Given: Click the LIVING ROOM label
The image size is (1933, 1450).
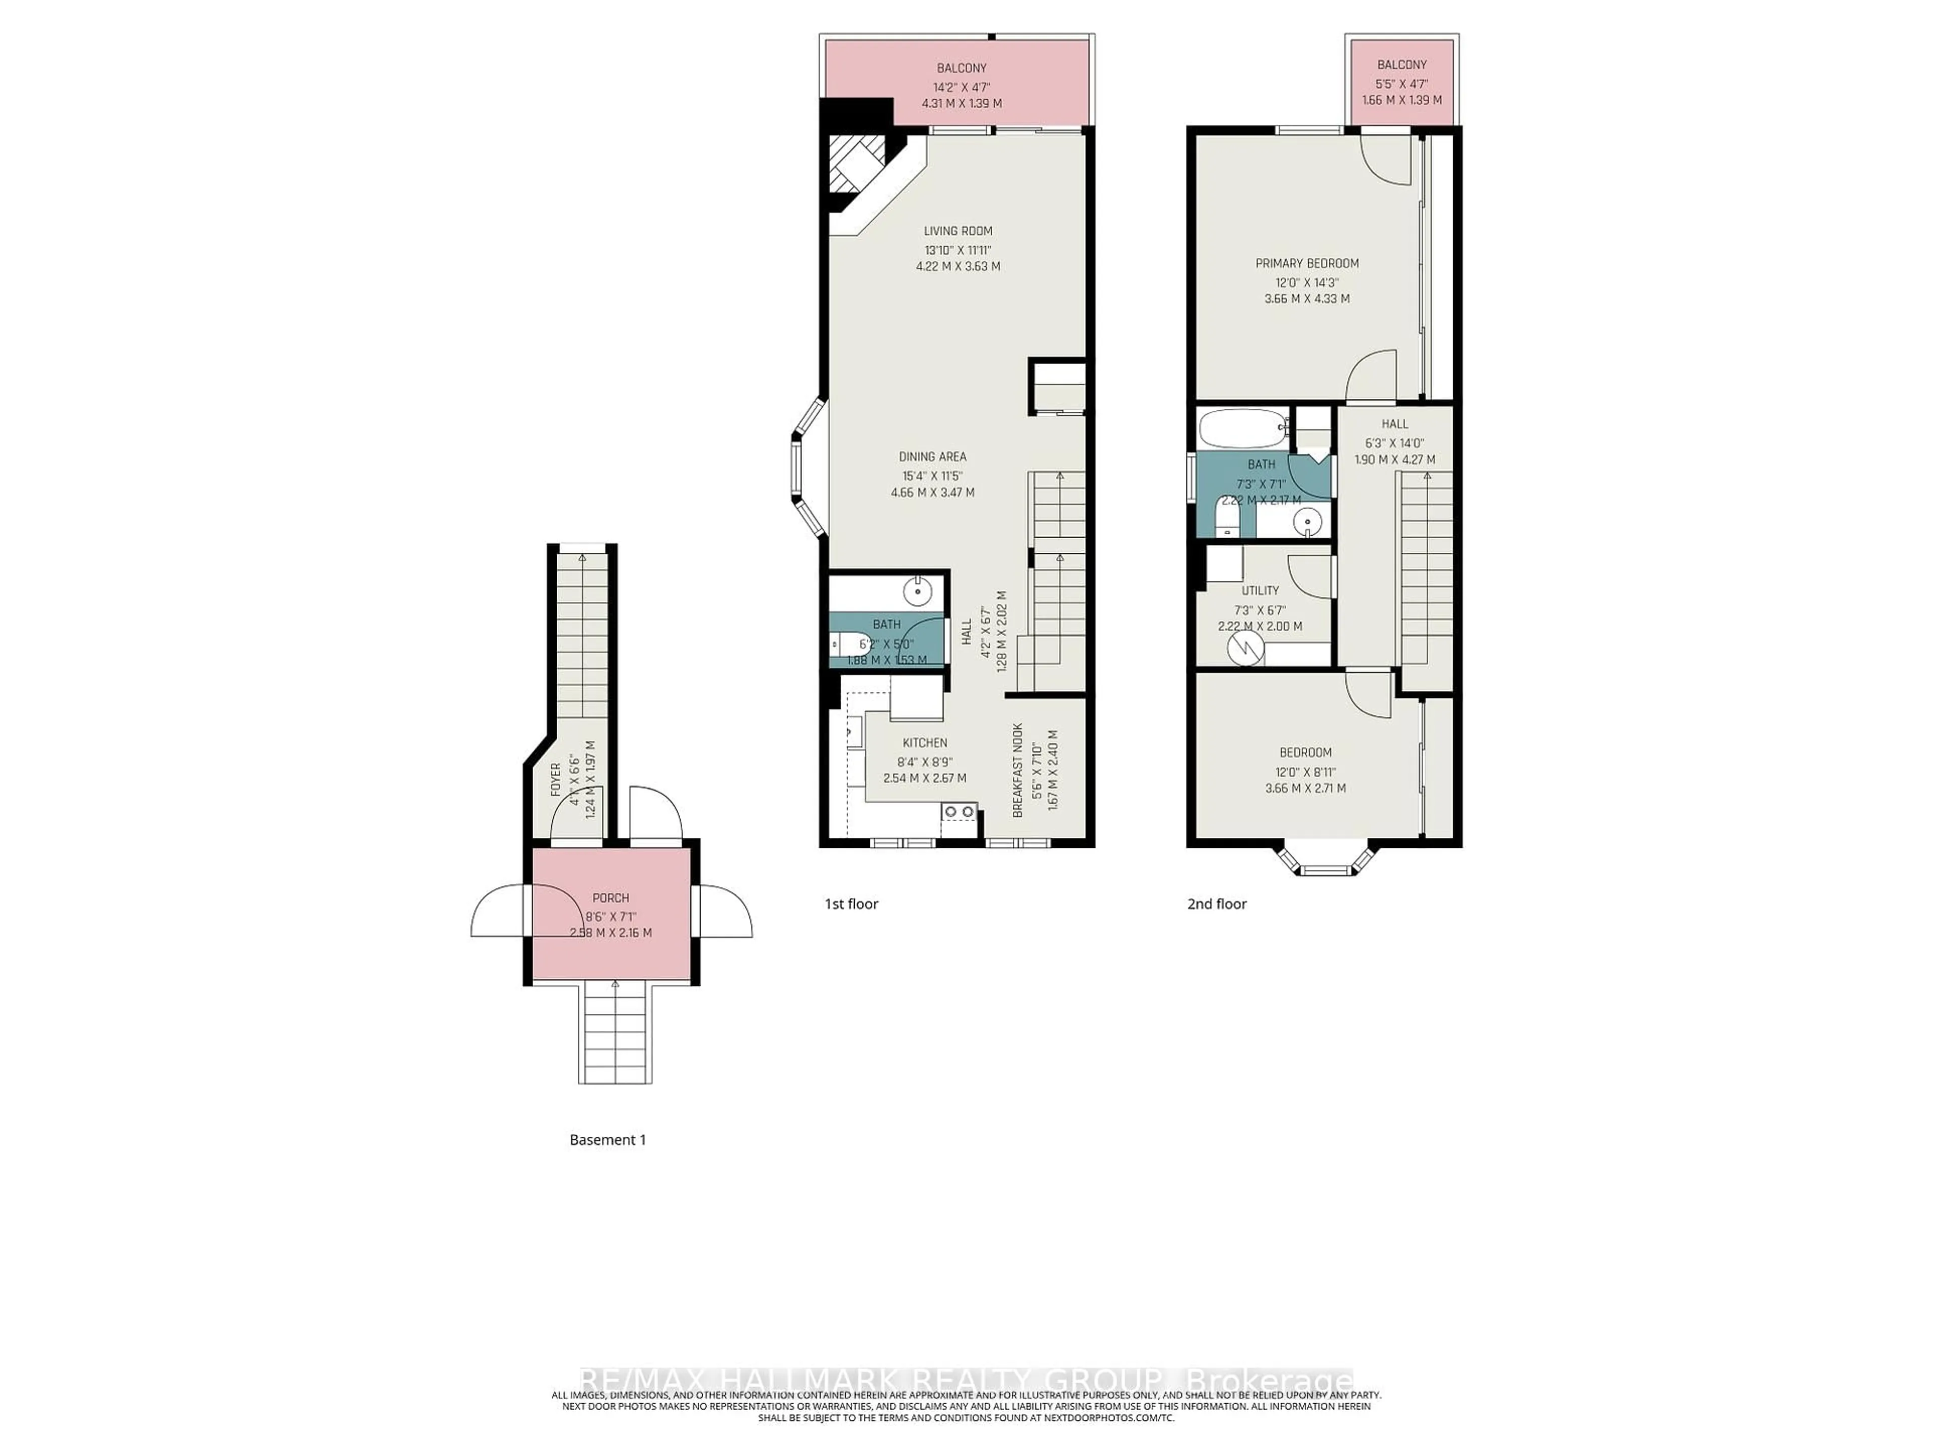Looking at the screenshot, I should coord(958,231).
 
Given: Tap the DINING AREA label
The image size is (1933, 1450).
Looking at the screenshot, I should coord(932,456).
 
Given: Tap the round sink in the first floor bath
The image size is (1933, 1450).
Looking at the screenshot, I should coord(919,592).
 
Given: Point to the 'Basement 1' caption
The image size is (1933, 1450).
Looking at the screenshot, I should coord(608,1140).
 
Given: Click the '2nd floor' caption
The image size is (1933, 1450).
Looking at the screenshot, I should coord(1216,904).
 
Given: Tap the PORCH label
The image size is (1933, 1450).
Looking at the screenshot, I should coord(610,898).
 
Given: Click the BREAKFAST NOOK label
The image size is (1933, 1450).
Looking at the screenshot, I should coord(1017,770).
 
